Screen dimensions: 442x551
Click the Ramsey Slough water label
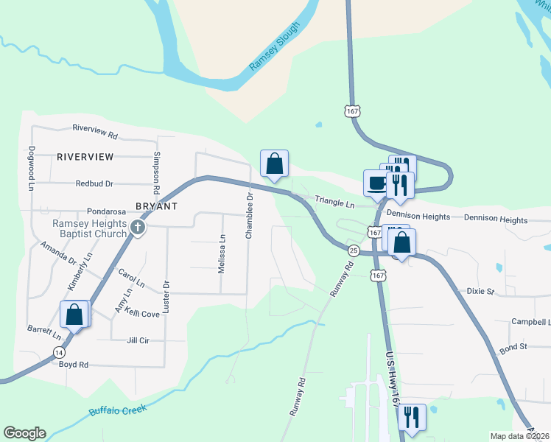tap(275, 46)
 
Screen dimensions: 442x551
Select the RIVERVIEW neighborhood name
tap(85, 157)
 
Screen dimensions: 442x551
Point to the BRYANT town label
tap(156, 206)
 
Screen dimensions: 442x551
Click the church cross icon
tap(137, 228)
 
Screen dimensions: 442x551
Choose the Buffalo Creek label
tap(119, 410)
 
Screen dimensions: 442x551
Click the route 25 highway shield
tap(354, 250)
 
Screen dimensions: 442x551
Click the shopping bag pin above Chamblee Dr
tap(274, 164)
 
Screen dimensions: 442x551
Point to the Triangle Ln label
tap(335, 201)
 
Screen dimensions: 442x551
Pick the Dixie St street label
tap(480, 291)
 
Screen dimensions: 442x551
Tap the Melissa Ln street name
tap(222, 254)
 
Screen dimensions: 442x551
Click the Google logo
tap(24, 433)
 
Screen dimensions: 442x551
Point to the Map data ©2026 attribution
tap(519, 436)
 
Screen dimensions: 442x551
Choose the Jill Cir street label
tap(138, 340)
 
